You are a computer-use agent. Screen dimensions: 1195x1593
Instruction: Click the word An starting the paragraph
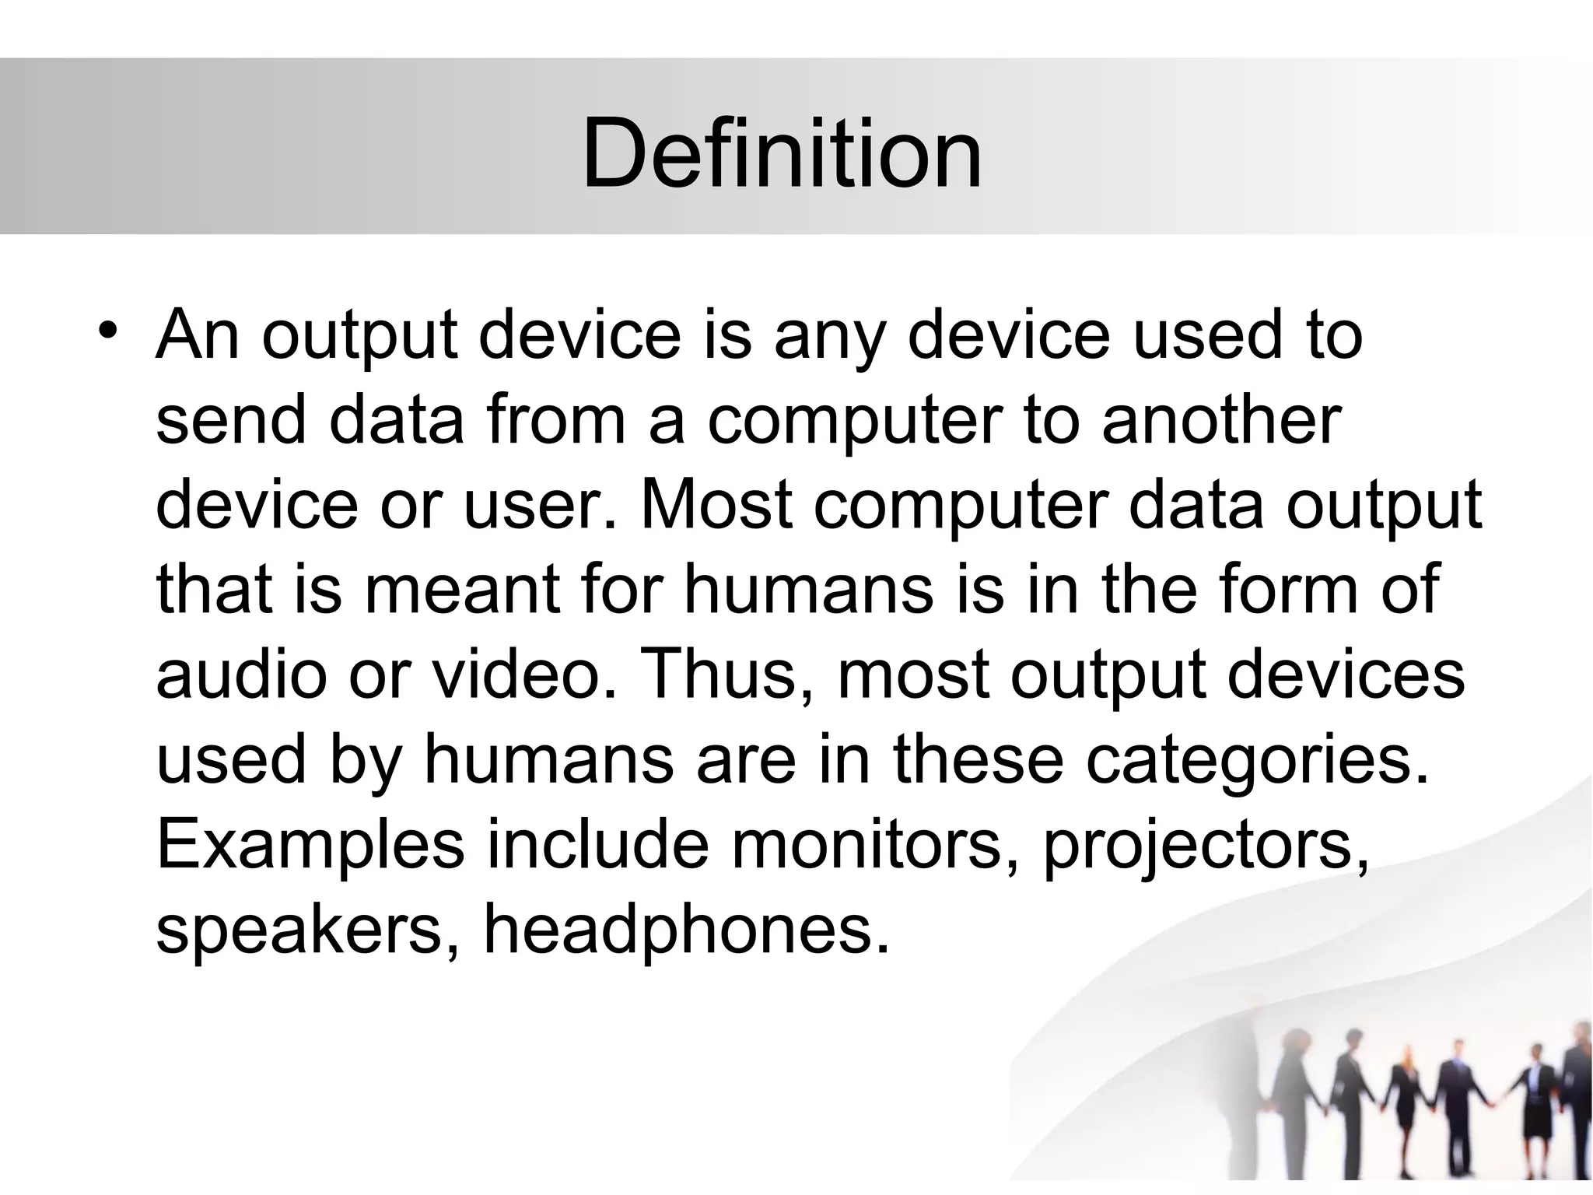tap(197, 335)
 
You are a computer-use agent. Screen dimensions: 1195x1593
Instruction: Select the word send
tap(231, 420)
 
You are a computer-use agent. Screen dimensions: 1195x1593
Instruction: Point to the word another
tap(1222, 420)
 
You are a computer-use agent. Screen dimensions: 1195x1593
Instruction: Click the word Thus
tap(726, 675)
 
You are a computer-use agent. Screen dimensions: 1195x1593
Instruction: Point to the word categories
tap(1258, 759)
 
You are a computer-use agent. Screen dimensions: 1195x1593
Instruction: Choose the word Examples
tap(310, 845)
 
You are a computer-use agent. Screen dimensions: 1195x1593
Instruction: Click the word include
tap(597, 845)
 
